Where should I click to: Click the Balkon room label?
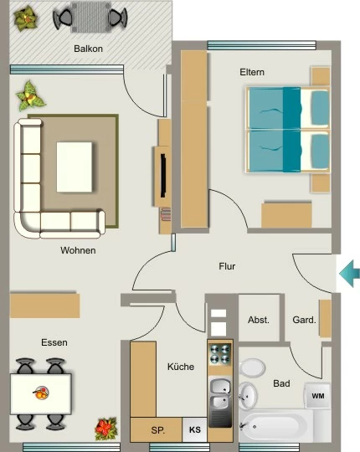[88, 49]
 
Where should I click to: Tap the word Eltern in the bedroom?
[252, 72]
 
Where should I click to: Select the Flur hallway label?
[227, 266]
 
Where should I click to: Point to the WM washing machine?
[318, 395]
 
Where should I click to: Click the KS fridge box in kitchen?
[195, 429]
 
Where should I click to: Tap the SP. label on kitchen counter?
[158, 430]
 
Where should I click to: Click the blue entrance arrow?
[350, 273]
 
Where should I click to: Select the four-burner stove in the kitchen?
[220, 354]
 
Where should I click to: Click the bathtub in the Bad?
[275, 426]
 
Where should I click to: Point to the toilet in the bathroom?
[252, 367]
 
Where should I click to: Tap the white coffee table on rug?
[75, 167]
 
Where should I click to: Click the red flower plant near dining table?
[106, 429]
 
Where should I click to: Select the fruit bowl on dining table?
[41, 393]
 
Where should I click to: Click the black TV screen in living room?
[163, 176]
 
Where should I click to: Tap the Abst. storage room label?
[259, 320]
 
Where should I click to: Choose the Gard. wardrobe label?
[304, 320]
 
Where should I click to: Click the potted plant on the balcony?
[26, 19]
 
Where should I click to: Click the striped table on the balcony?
[90, 18]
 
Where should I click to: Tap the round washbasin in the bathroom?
[248, 396]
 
